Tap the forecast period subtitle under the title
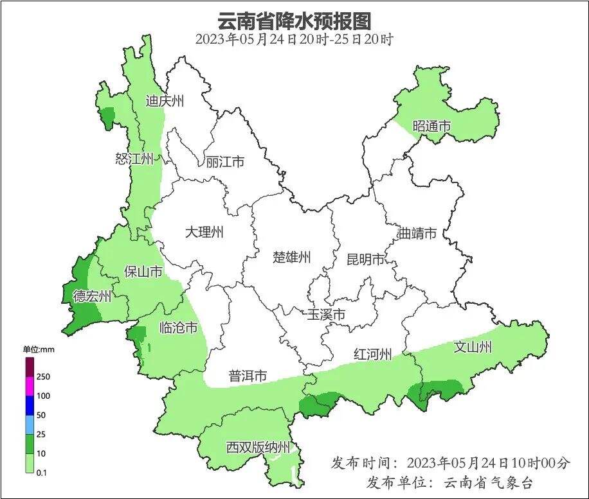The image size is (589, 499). (x=294, y=39)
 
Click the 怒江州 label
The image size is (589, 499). (x=134, y=159)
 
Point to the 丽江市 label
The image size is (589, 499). (x=225, y=162)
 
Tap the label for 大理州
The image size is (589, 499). (x=204, y=232)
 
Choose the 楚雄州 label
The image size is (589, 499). (x=292, y=257)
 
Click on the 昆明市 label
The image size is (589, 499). (x=365, y=259)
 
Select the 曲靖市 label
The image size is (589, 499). (x=417, y=232)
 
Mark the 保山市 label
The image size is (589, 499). (x=143, y=272)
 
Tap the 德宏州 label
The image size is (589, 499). (x=92, y=296)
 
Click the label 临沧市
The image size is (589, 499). (x=178, y=328)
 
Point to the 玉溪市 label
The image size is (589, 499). (x=325, y=315)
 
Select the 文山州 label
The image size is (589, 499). (x=473, y=347)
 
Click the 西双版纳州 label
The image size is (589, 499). (x=258, y=448)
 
